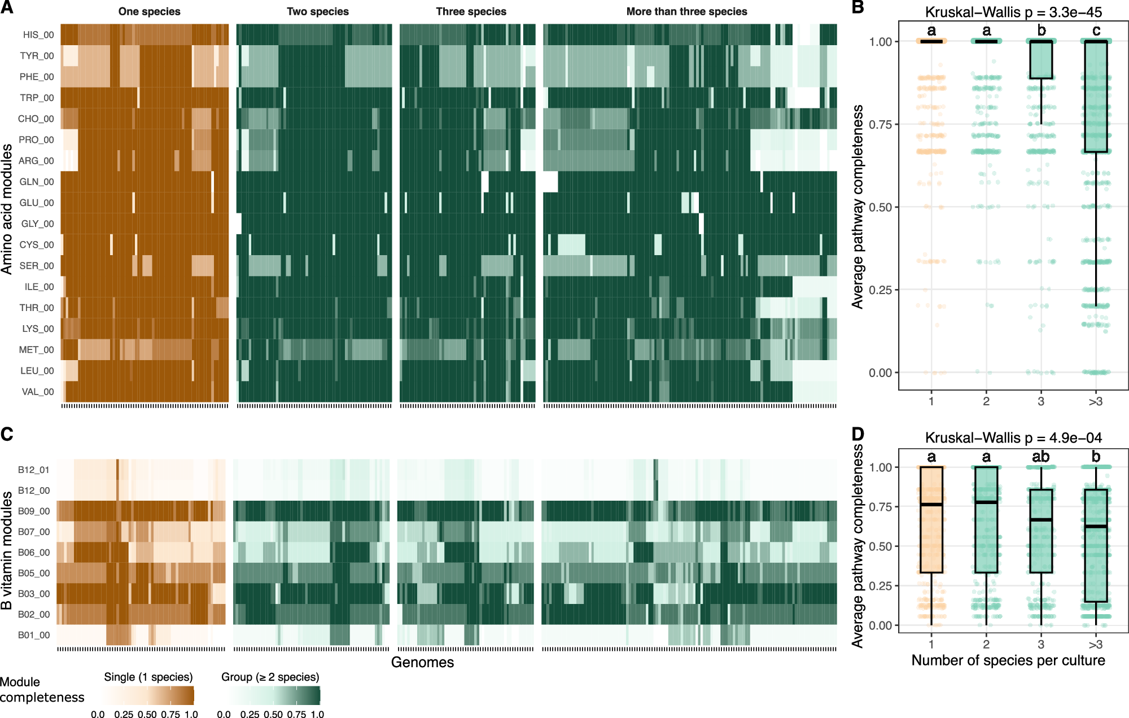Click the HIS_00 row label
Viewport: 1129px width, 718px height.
pos(38,35)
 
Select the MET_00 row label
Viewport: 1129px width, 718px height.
pos(36,350)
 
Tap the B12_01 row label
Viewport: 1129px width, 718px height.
pos(33,470)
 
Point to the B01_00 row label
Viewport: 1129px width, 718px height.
pos(33,635)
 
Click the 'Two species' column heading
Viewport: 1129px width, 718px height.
pos(317,12)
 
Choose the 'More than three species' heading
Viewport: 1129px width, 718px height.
pos(686,12)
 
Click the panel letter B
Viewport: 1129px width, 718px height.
pos(857,7)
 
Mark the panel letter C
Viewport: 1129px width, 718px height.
pos(7,434)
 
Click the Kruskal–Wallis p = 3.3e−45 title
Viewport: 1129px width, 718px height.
pos(1013,12)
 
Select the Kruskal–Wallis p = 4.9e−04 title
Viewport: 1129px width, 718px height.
pos(1013,438)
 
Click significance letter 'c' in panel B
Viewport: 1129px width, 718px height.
pos(1096,30)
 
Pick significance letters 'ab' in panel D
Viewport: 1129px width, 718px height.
pos(1040,457)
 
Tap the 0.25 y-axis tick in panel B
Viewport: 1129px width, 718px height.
pos(880,290)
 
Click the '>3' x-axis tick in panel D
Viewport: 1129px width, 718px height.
pos(1095,645)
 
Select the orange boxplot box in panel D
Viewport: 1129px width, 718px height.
pos(931,536)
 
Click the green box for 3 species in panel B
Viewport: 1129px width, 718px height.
pos(1041,59)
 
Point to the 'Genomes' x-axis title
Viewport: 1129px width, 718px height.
pos(422,662)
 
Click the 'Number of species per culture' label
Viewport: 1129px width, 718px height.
pos(1008,660)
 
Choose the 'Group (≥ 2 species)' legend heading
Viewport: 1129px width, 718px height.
pos(270,677)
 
